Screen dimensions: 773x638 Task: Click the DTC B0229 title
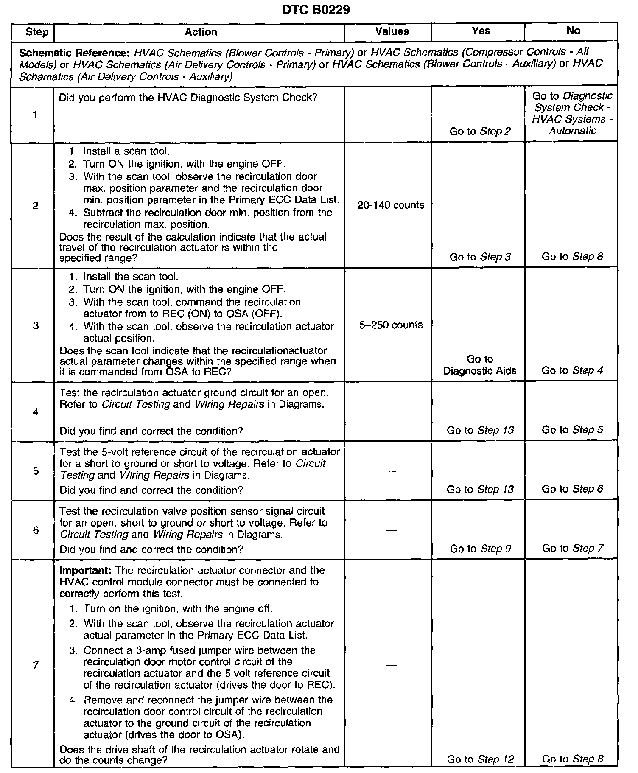pos(316,10)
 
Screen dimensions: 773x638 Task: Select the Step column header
pos(37,32)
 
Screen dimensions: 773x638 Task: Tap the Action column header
pos(201,32)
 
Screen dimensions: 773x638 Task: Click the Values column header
pos(392,31)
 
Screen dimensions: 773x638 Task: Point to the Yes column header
pos(481,31)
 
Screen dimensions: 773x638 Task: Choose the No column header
pos(573,31)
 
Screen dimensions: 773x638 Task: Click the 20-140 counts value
pos(391,205)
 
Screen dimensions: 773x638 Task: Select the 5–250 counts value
pos(391,325)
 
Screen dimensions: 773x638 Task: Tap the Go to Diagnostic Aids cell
pos(480,365)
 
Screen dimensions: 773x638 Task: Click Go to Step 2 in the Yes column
pos(480,132)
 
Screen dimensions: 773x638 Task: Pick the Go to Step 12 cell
pos(480,759)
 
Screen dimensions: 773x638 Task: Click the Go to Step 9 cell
pos(480,549)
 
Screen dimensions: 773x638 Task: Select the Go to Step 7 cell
pos(572,548)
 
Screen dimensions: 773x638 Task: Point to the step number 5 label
pos(36,471)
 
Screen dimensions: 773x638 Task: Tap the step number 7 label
pos(36,665)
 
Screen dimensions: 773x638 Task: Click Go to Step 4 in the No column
pos(572,370)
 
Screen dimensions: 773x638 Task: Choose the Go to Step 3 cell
pos(480,257)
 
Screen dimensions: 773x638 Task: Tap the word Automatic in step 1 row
pos(572,131)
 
